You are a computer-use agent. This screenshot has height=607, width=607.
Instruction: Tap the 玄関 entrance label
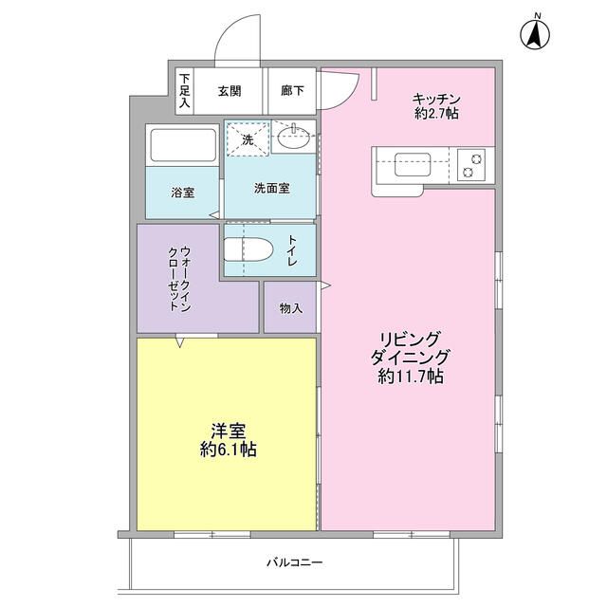pyautogui.click(x=229, y=92)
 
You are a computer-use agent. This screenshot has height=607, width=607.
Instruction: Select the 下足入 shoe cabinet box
pyautogui.click(x=184, y=92)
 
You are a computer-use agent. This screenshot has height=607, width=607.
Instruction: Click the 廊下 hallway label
pyautogui.click(x=292, y=92)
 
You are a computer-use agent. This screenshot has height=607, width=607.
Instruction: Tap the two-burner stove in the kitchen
pyautogui.click(x=471, y=165)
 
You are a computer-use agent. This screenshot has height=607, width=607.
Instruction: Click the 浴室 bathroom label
pyautogui.click(x=182, y=193)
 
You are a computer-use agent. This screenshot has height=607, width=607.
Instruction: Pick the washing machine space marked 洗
pyautogui.click(x=248, y=138)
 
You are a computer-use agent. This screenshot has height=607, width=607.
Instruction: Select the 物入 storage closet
pyautogui.click(x=290, y=308)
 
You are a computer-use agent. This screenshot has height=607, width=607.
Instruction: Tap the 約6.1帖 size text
pyautogui.click(x=229, y=451)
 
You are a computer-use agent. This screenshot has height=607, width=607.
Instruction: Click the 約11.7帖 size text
pyautogui.click(x=409, y=377)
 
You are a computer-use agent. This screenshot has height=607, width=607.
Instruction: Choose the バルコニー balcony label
pyautogui.click(x=293, y=562)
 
